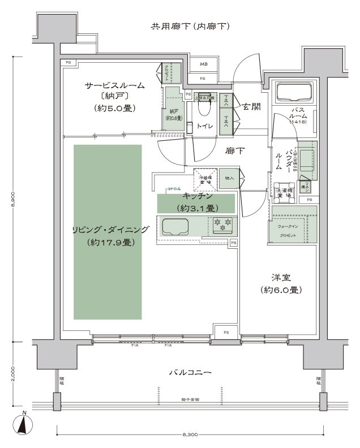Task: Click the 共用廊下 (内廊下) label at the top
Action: point(190,26)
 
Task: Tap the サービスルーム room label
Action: point(114,85)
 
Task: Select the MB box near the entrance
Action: point(203,64)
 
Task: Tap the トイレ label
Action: point(204,126)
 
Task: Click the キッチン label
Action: point(198,196)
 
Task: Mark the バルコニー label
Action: point(190,373)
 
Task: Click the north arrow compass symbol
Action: point(23,424)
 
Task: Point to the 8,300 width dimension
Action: point(190,435)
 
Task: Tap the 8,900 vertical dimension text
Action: point(14,200)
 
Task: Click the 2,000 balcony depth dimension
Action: point(14,374)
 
